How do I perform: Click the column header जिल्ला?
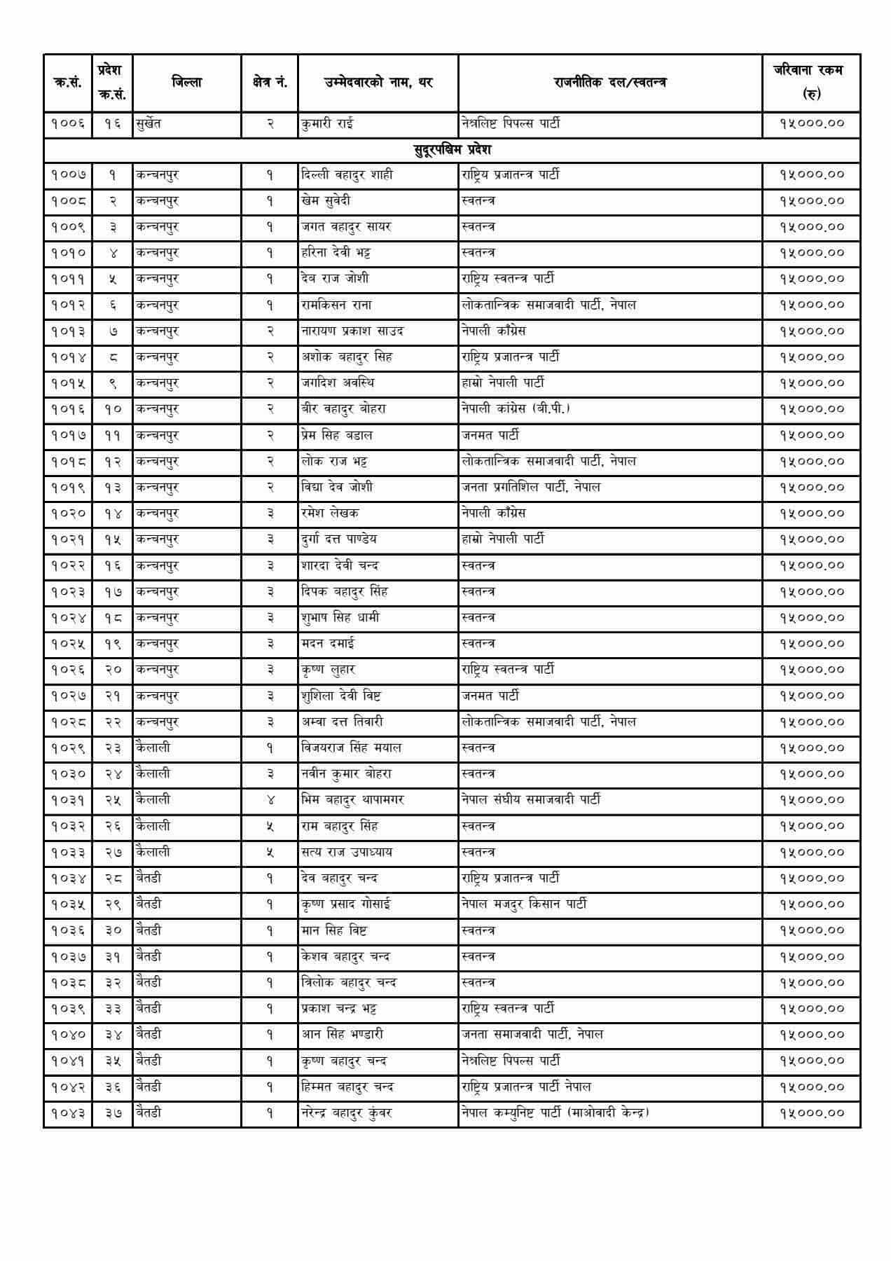pyautogui.click(x=186, y=83)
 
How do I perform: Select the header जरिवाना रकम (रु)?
pyautogui.click(x=811, y=82)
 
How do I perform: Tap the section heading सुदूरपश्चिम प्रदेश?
pyautogui.click(x=452, y=149)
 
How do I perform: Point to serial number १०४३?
pyautogui.click(x=68, y=1113)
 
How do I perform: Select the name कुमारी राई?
pyautogui.click(x=327, y=124)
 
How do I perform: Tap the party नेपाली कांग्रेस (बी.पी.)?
pyautogui.click(x=516, y=408)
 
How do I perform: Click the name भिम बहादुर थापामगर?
pyautogui.click(x=352, y=799)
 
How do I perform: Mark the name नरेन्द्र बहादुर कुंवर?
pyautogui.click(x=346, y=1113)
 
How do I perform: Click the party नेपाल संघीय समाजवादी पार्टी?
pyautogui.click(x=531, y=799)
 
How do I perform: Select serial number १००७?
pyautogui.click(x=68, y=174)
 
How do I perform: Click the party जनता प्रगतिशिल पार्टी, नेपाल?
pyautogui.click(x=531, y=487)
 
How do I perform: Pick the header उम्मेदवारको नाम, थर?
pyautogui.click(x=378, y=83)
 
